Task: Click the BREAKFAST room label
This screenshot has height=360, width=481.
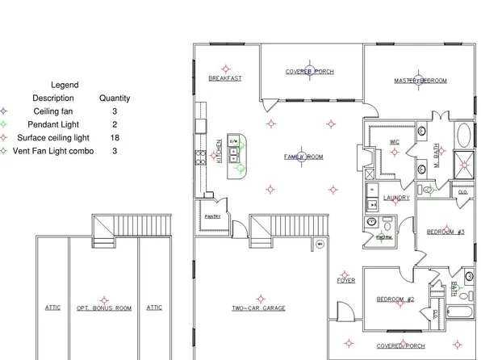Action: (225, 79)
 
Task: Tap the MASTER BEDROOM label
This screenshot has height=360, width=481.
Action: (420, 81)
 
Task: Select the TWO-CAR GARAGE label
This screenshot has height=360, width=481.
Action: (258, 308)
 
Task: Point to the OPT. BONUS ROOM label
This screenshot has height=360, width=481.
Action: (104, 308)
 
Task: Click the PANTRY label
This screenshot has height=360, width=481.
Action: (212, 216)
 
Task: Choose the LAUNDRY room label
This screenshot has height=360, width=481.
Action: (395, 198)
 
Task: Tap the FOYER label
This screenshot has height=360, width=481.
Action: (346, 281)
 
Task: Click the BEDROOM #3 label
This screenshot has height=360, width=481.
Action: (445, 232)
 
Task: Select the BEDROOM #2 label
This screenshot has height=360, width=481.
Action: (395, 299)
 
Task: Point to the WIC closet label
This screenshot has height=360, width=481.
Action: (395, 142)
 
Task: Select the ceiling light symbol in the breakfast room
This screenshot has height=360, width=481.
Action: (226, 68)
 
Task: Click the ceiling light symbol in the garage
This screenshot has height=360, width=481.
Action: (258, 295)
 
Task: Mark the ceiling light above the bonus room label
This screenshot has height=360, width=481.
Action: (103, 296)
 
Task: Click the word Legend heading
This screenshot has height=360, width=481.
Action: (65, 85)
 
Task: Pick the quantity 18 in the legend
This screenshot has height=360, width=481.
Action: (115, 138)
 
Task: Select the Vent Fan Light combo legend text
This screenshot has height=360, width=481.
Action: (55, 151)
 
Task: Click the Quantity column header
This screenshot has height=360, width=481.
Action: (115, 98)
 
